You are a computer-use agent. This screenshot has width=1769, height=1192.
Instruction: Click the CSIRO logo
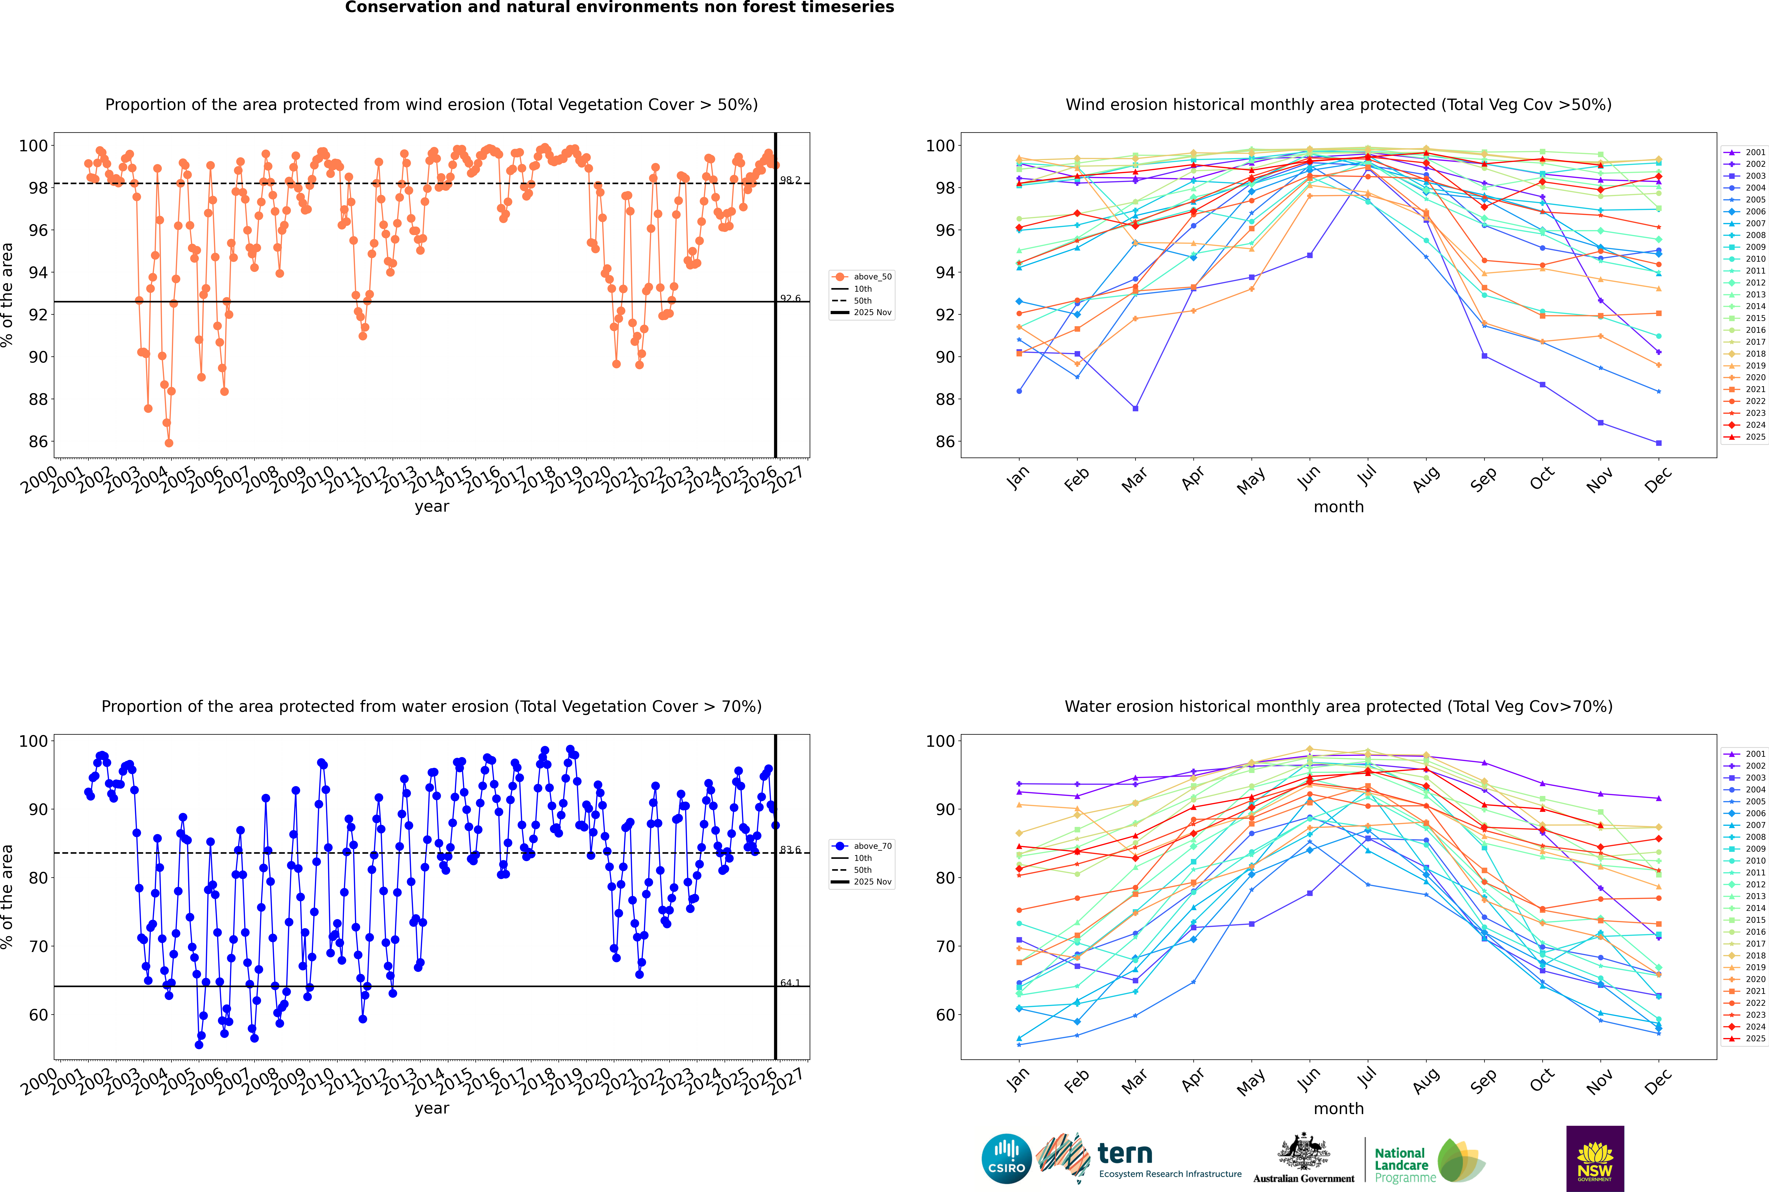[1006, 1159]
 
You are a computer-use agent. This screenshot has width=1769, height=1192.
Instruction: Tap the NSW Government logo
[1595, 1158]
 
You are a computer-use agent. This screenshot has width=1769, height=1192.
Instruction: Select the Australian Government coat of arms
[1304, 1152]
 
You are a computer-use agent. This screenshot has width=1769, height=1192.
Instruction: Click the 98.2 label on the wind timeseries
[790, 180]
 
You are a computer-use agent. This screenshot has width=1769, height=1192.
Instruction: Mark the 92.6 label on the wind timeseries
[790, 299]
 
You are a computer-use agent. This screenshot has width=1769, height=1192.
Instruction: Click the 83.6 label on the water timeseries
[790, 850]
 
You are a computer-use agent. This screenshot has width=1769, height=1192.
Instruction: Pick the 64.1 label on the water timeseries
[790, 983]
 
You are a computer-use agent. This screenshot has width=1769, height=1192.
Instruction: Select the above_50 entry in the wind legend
[872, 277]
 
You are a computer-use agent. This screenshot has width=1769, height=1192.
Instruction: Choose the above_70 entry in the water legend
[872, 846]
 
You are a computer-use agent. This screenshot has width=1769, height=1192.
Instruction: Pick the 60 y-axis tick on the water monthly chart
[944, 1015]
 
